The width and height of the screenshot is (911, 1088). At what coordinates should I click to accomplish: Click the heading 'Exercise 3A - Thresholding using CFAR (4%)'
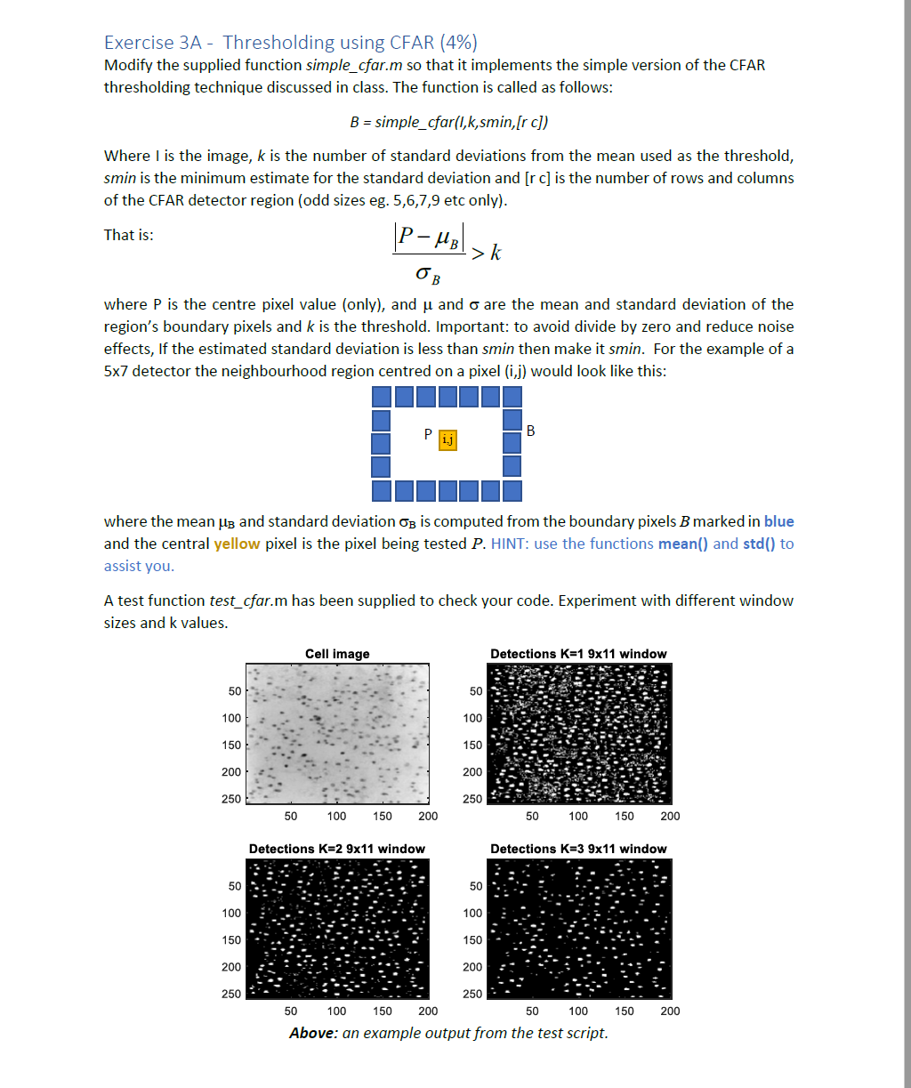tap(290, 42)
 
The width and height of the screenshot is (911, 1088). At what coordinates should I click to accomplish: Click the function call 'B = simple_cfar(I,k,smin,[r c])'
tap(455, 121)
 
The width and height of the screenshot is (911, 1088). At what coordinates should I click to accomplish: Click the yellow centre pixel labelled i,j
tap(447, 439)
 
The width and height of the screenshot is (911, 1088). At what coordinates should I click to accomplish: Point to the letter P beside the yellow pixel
tap(428, 435)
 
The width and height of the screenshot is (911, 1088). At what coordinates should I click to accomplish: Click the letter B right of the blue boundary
tap(531, 431)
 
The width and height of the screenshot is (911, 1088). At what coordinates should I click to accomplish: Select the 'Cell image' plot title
tap(337, 654)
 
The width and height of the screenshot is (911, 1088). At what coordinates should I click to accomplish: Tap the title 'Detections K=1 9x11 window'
tap(578, 654)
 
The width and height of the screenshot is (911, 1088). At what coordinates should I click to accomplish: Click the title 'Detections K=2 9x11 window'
tap(337, 849)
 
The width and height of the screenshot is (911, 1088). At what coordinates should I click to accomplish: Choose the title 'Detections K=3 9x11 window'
tap(578, 849)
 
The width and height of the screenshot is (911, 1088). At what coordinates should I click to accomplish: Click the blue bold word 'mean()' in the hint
tap(683, 544)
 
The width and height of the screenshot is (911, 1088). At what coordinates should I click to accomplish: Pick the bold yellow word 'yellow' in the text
tap(237, 544)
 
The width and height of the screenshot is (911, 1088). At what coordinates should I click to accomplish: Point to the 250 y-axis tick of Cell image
tap(232, 799)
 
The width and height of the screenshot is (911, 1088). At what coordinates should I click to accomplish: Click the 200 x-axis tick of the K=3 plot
tap(670, 1011)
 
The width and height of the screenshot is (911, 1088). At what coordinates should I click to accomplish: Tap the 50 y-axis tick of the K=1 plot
tap(476, 691)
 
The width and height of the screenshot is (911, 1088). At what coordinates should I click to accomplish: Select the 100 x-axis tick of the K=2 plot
tap(336, 1011)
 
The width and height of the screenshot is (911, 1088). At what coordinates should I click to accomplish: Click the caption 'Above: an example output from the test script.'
tap(448, 1033)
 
